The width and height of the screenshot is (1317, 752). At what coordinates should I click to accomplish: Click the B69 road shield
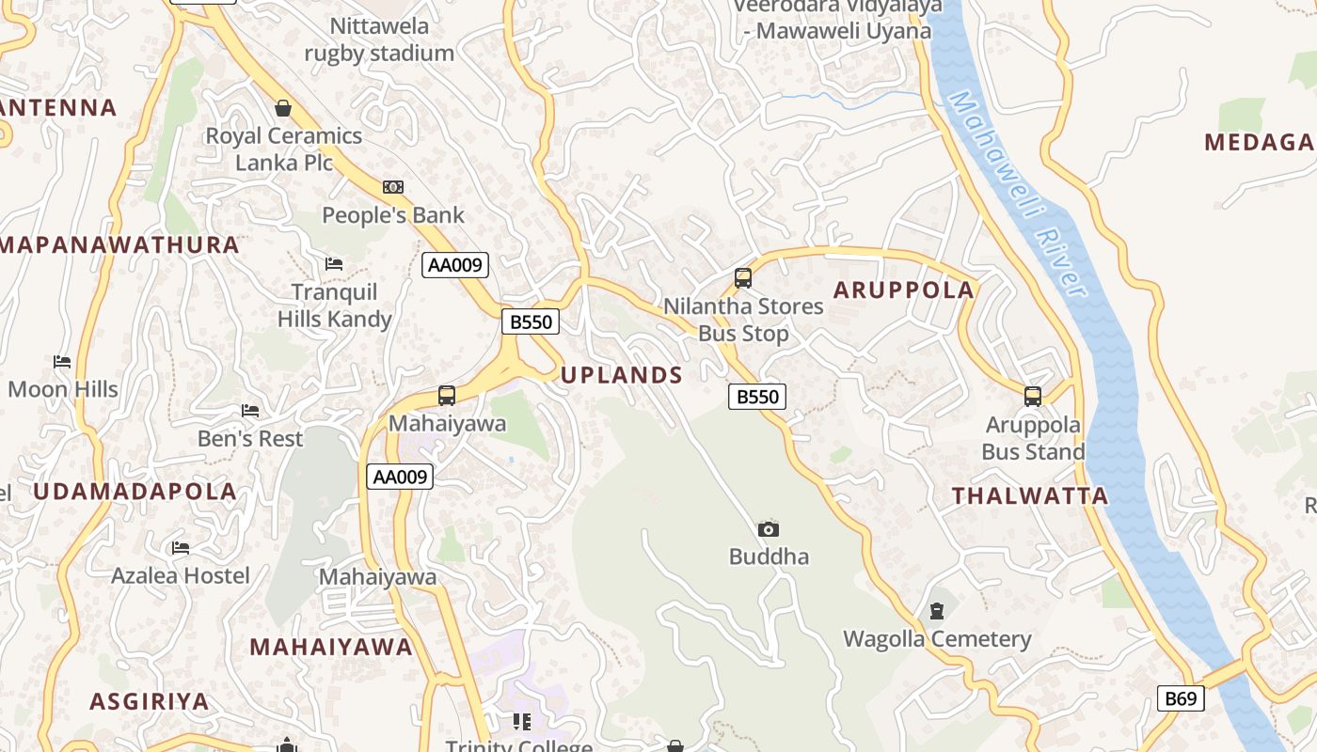point(1180,698)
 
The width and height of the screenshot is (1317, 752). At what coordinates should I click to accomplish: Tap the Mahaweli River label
point(1019,193)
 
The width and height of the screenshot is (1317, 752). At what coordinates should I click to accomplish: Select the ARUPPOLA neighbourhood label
point(904,290)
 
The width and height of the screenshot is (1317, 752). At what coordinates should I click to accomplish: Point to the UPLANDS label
point(622,375)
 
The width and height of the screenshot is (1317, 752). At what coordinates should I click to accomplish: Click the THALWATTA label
point(1030,496)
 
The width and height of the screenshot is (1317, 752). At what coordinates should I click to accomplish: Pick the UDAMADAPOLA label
point(135,491)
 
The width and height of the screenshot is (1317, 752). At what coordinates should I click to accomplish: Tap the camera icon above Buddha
point(769,529)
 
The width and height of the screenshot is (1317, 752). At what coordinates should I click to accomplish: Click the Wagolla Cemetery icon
point(936,612)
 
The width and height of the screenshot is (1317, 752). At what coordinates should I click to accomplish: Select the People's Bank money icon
point(393,187)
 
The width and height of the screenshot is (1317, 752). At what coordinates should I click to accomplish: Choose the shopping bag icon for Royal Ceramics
point(283,108)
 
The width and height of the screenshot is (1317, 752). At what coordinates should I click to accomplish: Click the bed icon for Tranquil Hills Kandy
point(334,264)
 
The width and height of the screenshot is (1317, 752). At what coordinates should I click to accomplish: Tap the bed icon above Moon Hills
point(62,362)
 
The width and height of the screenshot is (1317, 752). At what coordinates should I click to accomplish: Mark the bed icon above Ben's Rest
point(250,411)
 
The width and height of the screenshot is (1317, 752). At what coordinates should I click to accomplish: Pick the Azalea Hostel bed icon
point(181,548)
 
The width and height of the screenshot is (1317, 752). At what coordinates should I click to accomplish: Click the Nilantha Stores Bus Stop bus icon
point(743,278)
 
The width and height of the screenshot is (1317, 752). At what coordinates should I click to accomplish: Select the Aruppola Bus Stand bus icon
point(1033,396)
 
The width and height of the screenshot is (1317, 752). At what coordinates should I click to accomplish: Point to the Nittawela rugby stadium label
point(379,39)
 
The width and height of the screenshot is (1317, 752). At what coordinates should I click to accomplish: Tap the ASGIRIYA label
point(149,701)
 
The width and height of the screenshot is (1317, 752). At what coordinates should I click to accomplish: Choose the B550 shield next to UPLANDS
point(757,397)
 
